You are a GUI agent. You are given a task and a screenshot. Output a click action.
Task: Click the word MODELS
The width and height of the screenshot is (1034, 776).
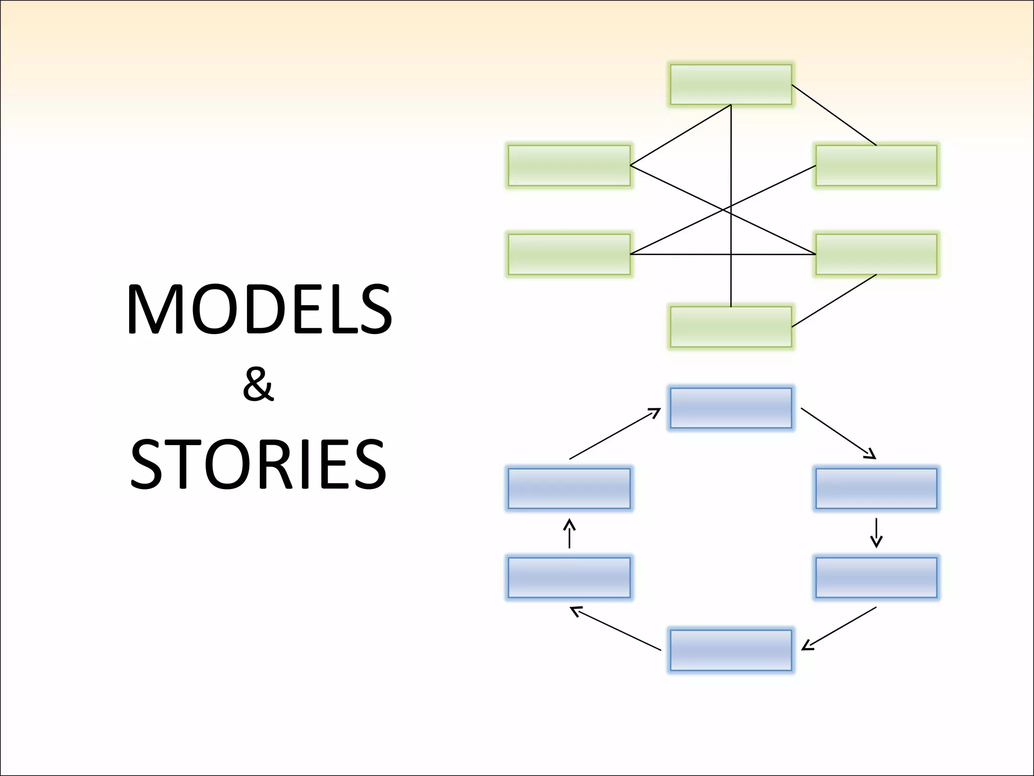point(259,309)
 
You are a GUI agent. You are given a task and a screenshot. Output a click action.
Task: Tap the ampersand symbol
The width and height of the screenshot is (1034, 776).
point(258,385)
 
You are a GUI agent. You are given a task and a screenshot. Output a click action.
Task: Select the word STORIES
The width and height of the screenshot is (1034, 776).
point(258,464)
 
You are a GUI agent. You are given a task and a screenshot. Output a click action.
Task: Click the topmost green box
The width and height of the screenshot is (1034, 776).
point(731,84)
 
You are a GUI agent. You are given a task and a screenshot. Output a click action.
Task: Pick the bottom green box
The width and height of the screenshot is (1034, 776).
point(731,327)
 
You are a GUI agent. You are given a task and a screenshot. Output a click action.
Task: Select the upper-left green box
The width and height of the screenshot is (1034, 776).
point(569,165)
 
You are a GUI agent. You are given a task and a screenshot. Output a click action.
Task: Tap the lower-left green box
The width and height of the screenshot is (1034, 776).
point(569,254)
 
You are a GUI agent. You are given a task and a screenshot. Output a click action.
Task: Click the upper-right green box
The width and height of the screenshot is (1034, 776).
point(876,165)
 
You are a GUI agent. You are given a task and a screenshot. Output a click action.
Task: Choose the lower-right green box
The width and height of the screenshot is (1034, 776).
point(876,254)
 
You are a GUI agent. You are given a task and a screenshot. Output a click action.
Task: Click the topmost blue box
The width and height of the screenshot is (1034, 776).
point(731,408)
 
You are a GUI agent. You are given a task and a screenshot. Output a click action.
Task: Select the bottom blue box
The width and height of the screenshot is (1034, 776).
point(731,650)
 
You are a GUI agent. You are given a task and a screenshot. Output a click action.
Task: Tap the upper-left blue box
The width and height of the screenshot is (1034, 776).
point(569,489)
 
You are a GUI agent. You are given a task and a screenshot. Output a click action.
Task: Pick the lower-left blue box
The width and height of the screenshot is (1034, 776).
point(569,577)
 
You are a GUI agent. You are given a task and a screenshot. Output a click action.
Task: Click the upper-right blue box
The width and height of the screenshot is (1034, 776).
point(876,489)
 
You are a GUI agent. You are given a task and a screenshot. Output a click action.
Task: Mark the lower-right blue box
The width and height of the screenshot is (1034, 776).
point(876,577)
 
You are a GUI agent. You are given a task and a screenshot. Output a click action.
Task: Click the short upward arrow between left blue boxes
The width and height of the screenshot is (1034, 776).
point(569,533)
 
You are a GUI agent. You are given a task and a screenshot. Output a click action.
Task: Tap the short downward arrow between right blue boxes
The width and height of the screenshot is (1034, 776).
point(876,533)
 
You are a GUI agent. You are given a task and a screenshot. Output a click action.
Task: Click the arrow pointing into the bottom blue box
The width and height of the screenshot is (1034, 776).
point(839,628)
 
